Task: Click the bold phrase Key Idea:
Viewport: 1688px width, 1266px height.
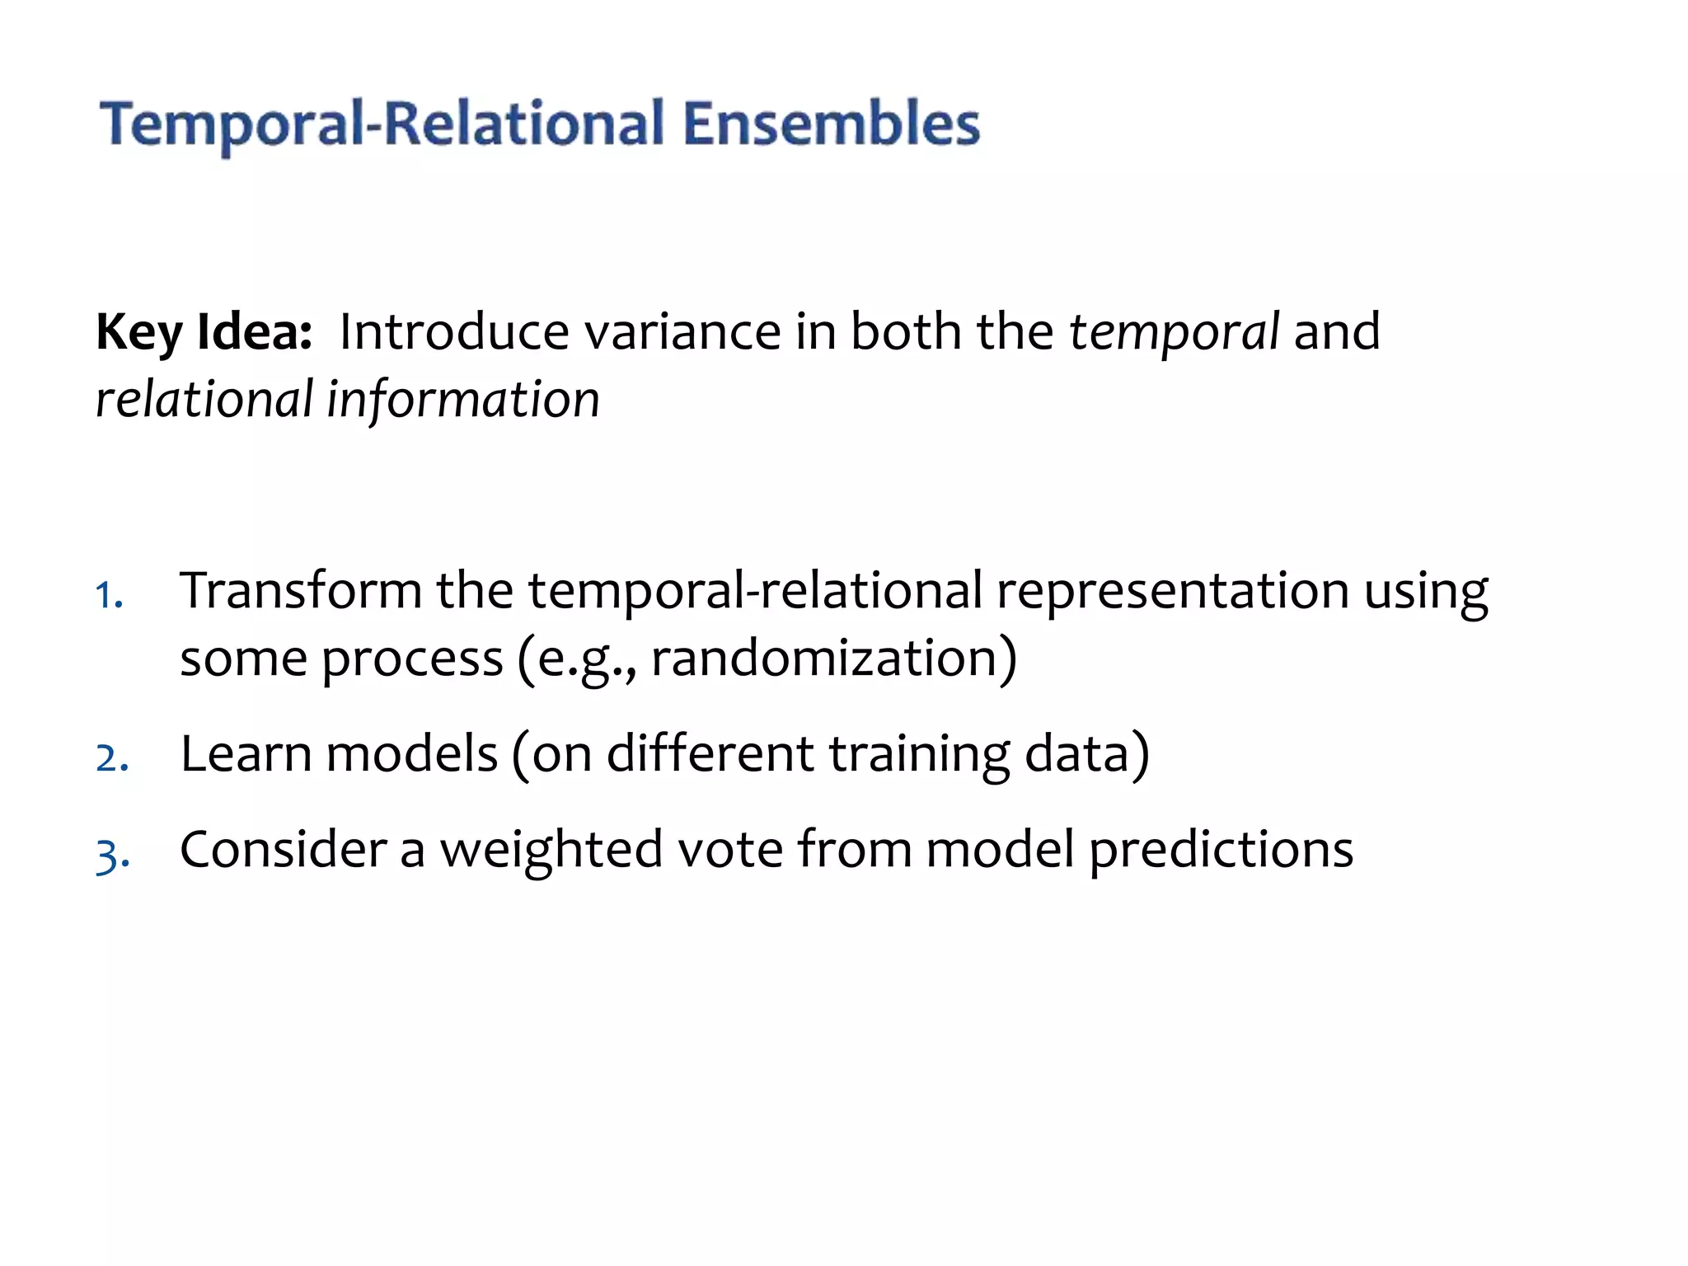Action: [204, 331]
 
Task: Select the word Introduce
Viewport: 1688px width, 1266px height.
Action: [454, 331]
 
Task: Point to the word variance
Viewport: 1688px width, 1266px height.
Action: [682, 331]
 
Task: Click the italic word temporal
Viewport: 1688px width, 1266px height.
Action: [1174, 331]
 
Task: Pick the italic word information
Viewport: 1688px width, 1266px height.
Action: [463, 400]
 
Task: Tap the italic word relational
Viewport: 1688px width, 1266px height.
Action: [204, 400]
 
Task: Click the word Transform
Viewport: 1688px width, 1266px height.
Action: [301, 590]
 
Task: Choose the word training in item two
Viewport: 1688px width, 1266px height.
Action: [919, 753]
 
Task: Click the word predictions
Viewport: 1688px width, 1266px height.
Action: [1221, 850]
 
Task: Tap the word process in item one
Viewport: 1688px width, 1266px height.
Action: [412, 659]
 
